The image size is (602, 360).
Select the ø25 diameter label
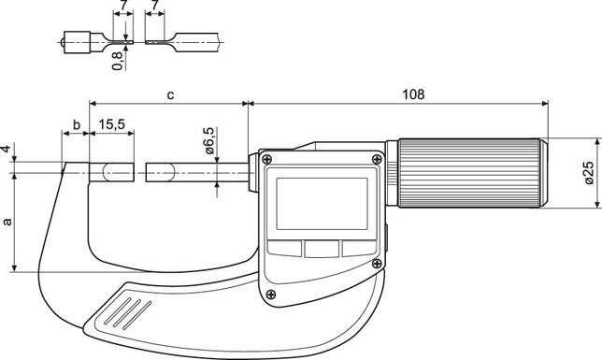click(x=588, y=174)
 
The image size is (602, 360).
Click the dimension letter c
click(x=168, y=94)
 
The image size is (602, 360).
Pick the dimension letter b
click(x=76, y=124)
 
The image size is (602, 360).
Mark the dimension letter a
click(x=8, y=222)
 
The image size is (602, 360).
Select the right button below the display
click(x=356, y=248)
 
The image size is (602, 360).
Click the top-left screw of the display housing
click(x=272, y=161)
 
